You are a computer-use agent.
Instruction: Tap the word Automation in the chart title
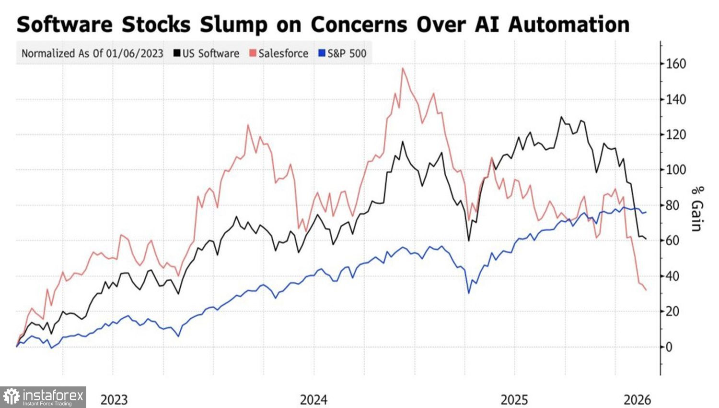pos(568,24)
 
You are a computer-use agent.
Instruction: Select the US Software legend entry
pos(206,53)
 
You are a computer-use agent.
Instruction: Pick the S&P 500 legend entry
pos(342,53)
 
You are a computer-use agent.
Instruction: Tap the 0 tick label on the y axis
pos(670,347)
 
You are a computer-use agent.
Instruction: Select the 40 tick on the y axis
pos(673,276)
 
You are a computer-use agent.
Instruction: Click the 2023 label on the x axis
pos(114,399)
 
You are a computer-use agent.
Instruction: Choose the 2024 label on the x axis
pos(313,399)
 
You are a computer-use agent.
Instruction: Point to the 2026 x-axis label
pos(637,399)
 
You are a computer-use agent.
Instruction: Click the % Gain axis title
pos(696,209)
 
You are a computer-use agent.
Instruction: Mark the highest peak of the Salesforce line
pos(403,68)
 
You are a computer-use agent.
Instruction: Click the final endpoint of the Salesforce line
pos(646,290)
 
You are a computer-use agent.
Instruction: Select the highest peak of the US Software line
pos(561,117)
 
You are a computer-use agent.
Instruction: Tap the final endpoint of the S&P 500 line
pos(646,212)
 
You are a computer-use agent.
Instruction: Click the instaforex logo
pos(43,397)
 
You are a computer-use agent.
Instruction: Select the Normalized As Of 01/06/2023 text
pos(93,53)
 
